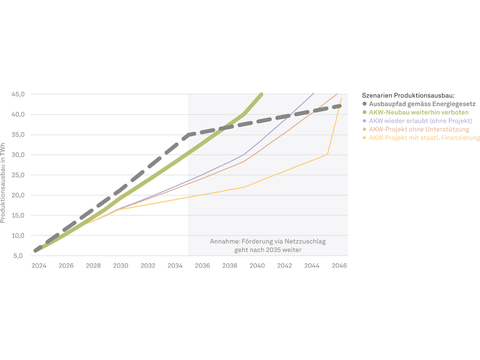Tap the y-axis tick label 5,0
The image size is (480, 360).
18,255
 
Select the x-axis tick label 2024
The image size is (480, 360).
39,265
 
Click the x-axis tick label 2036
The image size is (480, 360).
203,265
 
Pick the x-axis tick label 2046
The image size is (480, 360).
339,265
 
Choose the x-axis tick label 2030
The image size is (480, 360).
120,265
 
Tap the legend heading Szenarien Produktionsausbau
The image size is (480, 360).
408,96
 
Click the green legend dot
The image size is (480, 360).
365,112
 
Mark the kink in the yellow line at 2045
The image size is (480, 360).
327,154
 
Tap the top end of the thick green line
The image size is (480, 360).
261,94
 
